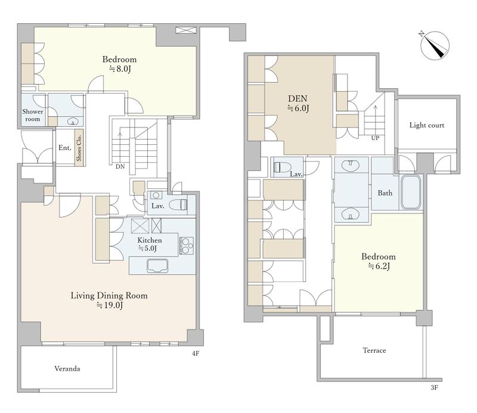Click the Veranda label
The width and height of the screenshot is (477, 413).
67,368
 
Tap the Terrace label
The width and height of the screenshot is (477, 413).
374,350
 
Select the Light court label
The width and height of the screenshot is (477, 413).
426,125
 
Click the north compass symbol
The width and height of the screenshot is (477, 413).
435,45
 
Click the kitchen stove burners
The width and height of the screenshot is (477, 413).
186,246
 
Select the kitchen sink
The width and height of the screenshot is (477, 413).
157,266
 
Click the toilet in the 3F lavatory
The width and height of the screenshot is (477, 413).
282,167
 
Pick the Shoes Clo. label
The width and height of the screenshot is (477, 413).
79,148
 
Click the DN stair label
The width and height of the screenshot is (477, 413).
120,167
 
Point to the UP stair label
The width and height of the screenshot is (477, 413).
375,138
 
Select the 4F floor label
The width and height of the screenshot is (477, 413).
196,353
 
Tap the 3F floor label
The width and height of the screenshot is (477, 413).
434,387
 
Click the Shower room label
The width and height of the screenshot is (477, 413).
33,115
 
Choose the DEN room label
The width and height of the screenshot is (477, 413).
298,98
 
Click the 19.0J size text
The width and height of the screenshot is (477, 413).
110,305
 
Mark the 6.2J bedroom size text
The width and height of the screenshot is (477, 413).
379,266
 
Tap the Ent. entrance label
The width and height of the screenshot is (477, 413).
65,148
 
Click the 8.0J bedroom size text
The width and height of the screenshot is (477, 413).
120,69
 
